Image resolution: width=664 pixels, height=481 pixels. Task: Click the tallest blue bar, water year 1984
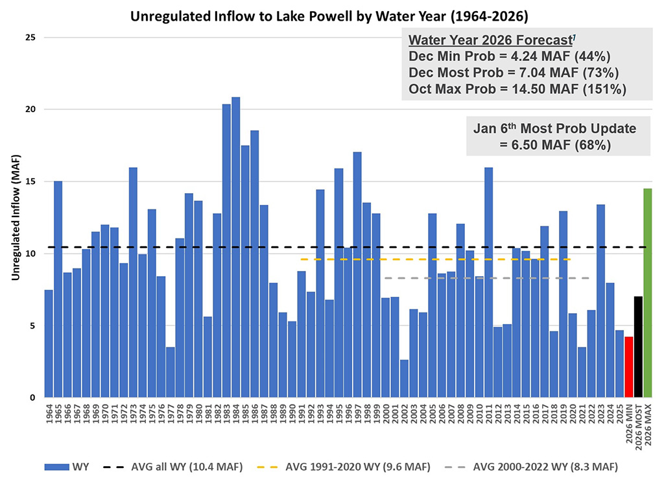(235, 247)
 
